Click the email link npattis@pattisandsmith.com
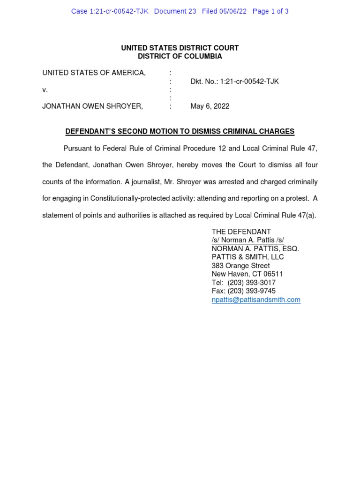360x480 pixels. click(x=256, y=300)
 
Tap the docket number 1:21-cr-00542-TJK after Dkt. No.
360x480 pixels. click(x=249, y=81)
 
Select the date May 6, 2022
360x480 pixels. click(x=210, y=106)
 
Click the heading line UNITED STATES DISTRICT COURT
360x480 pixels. click(x=180, y=48)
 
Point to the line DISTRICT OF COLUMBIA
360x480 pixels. click(x=180, y=56)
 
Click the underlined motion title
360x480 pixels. click(x=180, y=132)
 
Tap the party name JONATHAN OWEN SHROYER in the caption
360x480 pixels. click(x=92, y=106)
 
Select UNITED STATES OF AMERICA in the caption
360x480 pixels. click(x=94, y=73)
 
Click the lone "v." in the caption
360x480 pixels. click(x=45, y=90)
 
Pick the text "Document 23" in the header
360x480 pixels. click(x=175, y=11)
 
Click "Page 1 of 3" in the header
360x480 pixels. click(x=270, y=11)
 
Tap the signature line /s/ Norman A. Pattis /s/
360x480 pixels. click(x=247, y=240)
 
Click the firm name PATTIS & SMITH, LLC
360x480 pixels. click(x=247, y=257)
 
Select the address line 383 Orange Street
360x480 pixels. click(x=240, y=266)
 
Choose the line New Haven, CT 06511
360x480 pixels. click(x=247, y=274)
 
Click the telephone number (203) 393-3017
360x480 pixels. click(x=252, y=283)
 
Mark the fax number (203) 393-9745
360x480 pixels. click(x=252, y=291)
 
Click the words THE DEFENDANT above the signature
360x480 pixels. click(x=241, y=232)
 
